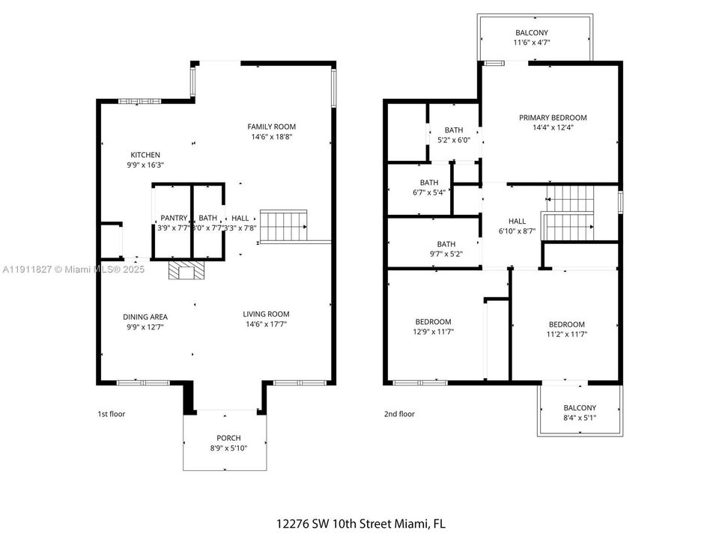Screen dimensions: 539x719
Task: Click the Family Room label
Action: coord(273,127)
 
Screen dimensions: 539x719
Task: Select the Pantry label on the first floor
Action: coord(173,218)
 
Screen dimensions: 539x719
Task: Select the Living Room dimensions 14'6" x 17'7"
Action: coord(266,324)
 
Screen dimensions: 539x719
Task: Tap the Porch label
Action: coord(228,438)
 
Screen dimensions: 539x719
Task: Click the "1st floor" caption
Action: coord(112,414)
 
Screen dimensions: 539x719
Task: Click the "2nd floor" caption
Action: coord(398,414)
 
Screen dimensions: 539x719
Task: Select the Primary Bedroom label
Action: coord(553,118)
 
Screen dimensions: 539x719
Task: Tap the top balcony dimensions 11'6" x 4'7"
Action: coord(531,43)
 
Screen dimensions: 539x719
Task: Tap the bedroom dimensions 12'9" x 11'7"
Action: coord(433,332)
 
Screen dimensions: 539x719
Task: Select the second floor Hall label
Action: coord(517,222)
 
